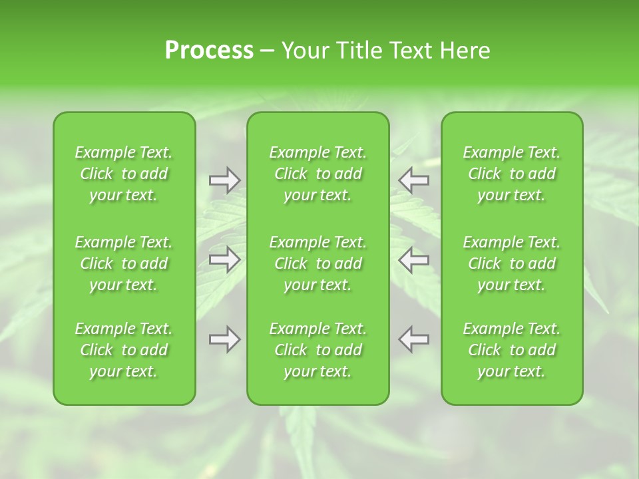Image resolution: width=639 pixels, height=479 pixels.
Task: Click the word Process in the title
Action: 209,51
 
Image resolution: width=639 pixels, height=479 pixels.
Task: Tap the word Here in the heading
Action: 465,51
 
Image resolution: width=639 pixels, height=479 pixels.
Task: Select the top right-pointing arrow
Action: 224,180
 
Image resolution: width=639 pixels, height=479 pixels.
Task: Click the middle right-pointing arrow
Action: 224,259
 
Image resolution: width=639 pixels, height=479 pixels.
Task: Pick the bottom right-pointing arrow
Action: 224,339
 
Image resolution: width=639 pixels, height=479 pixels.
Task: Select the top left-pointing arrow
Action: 413,180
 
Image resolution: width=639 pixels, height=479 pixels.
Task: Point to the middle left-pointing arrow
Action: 413,259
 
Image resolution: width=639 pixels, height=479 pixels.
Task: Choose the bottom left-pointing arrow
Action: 413,339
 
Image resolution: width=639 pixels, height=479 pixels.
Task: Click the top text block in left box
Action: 124,174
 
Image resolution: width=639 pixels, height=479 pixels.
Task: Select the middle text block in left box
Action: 124,263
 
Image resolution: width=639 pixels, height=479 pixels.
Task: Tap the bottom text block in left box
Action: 124,350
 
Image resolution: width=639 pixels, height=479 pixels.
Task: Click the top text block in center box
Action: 318,174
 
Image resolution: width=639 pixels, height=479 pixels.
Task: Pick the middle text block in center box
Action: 318,263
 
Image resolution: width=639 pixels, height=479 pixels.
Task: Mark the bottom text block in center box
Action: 318,350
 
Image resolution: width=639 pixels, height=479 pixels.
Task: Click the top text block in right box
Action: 512,174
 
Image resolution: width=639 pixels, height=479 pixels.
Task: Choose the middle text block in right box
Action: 512,263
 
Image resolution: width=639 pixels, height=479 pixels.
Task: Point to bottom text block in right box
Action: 512,350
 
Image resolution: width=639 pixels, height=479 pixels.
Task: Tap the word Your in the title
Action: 304,51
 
